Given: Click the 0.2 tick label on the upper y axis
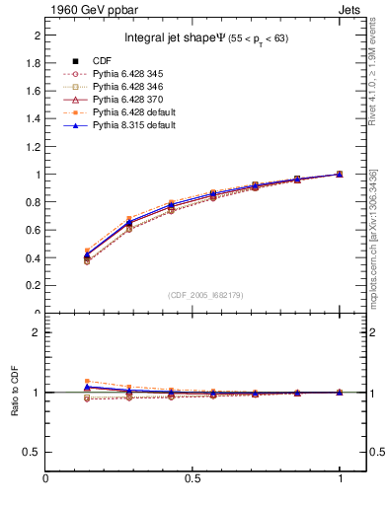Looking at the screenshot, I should click(x=33, y=286).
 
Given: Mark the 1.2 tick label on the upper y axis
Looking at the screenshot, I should click(x=33, y=147).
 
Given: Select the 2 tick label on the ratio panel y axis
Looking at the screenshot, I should click(x=37, y=332).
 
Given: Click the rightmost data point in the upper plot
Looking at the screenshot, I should click(x=340, y=175).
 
